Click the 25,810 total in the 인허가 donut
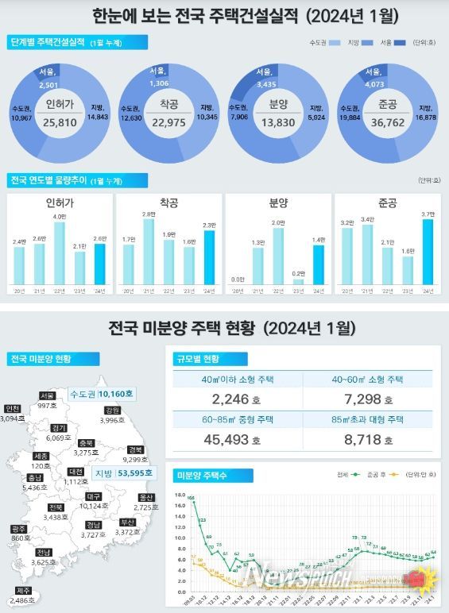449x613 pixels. click(x=60, y=123)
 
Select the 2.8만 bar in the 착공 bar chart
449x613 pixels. click(x=149, y=251)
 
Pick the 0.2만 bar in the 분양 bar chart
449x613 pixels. click(x=298, y=281)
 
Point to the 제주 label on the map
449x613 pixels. click(x=24, y=590)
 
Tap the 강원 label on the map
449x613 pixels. click(x=112, y=410)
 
